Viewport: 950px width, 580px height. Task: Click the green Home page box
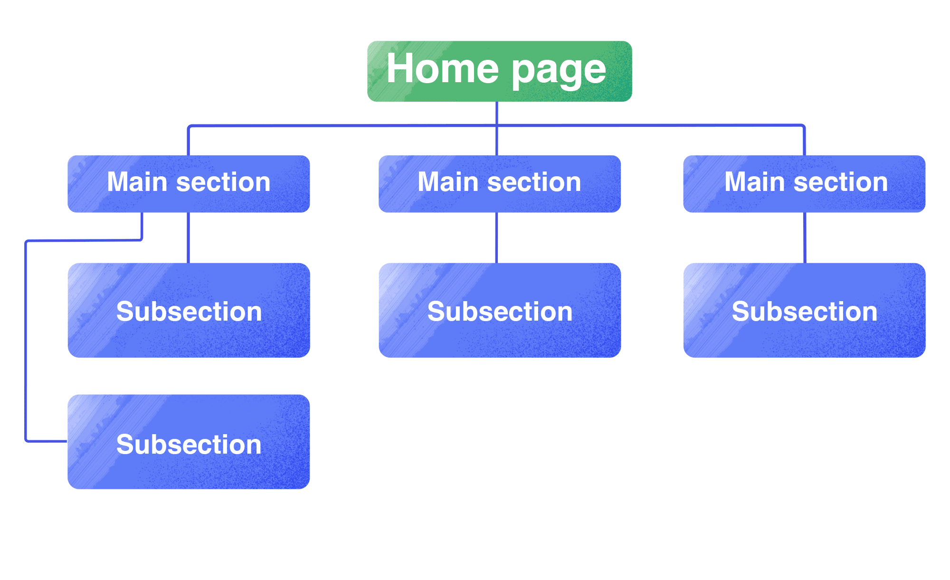click(x=499, y=71)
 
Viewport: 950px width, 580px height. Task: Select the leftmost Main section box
click(x=189, y=184)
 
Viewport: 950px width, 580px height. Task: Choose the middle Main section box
click(x=499, y=184)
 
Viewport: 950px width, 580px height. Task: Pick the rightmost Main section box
click(x=804, y=184)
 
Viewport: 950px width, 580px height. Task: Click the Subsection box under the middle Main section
click(x=500, y=310)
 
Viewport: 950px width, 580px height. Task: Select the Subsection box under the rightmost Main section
click(x=804, y=310)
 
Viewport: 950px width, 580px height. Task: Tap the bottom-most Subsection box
click(x=189, y=442)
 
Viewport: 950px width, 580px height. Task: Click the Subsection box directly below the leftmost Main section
click(x=189, y=310)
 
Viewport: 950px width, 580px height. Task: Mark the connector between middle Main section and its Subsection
click(x=496, y=238)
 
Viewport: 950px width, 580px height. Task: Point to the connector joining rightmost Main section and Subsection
click(x=805, y=238)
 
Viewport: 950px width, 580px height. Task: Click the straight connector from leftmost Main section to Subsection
click(x=189, y=238)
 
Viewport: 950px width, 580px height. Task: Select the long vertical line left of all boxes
click(x=26, y=342)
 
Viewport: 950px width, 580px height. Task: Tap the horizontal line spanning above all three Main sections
click(x=342, y=126)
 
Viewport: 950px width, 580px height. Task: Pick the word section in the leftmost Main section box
click(x=223, y=182)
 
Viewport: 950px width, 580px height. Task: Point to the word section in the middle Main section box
click(x=534, y=182)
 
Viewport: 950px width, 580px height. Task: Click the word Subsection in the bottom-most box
click(x=189, y=445)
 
